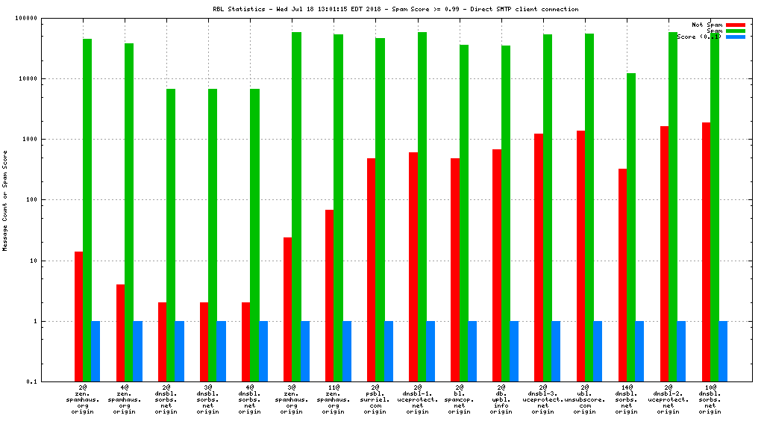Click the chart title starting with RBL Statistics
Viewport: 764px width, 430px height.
[x=395, y=9]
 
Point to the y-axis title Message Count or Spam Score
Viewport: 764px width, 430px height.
[x=5, y=200]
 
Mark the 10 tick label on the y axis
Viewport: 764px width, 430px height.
[x=56, y=261]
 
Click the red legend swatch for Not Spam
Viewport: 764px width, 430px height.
[x=735, y=25]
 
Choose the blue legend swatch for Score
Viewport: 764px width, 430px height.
[x=735, y=37]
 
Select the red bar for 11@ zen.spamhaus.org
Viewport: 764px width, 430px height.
[x=329, y=296]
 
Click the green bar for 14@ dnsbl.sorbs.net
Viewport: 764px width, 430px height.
[x=630, y=228]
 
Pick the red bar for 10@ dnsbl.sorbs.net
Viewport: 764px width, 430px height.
[x=706, y=252]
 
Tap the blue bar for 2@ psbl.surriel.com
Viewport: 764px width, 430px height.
[x=388, y=352]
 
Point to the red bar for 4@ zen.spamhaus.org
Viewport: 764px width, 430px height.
[x=120, y=333]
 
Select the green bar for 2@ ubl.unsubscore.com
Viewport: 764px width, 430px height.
[x=589, y=208]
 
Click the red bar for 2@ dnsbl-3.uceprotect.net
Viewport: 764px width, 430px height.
[x=538, y=258]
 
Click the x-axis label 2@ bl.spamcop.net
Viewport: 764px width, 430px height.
[x=459, y=400]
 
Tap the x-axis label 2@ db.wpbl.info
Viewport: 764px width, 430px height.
[x=501, y=400]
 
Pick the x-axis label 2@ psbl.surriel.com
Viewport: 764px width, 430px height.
[x=375, y=400]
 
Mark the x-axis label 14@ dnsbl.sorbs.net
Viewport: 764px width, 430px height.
[x=626, y=400]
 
